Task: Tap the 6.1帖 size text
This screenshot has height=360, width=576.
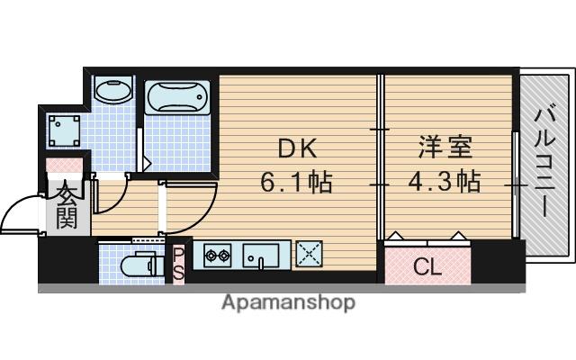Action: [295, 183]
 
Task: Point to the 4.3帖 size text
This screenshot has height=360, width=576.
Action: [445, 183]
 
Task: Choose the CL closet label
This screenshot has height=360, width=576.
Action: [427, 265]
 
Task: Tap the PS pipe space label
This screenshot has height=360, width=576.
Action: [178, 263]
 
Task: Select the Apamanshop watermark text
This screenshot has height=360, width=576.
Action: [288, 302]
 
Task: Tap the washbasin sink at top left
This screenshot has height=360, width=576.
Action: [112, 90]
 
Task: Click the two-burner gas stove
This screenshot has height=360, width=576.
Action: [217, 256]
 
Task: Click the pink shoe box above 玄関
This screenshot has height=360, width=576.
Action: [64, 167]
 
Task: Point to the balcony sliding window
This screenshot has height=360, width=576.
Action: [516, 184]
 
